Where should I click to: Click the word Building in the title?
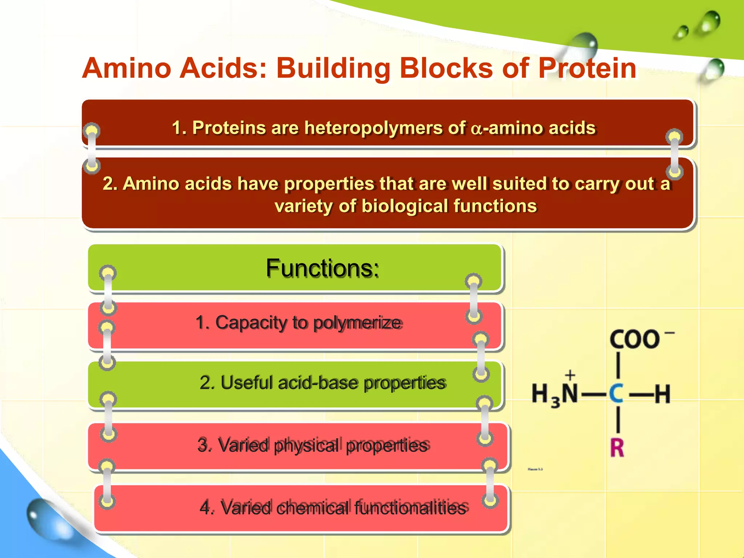coord(333,69)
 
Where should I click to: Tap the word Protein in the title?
coord(587,68)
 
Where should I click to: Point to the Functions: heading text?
coord(323,268)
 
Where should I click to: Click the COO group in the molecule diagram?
coord(634,339)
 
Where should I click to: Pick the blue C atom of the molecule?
coord(616,394)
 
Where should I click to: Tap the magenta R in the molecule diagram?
coord(617,448)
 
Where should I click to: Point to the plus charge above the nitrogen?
coord(570,375)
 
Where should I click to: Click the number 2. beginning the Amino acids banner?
coord(110,183)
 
